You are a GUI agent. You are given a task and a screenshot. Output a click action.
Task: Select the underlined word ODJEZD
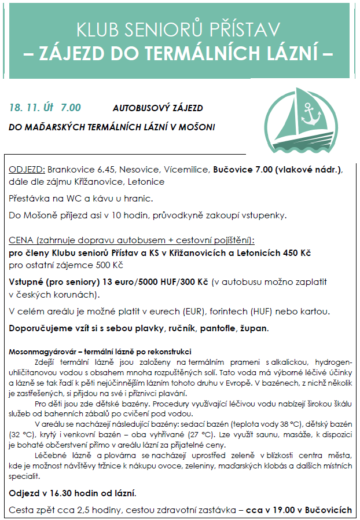27,170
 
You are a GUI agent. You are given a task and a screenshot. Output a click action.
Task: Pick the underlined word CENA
21,240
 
